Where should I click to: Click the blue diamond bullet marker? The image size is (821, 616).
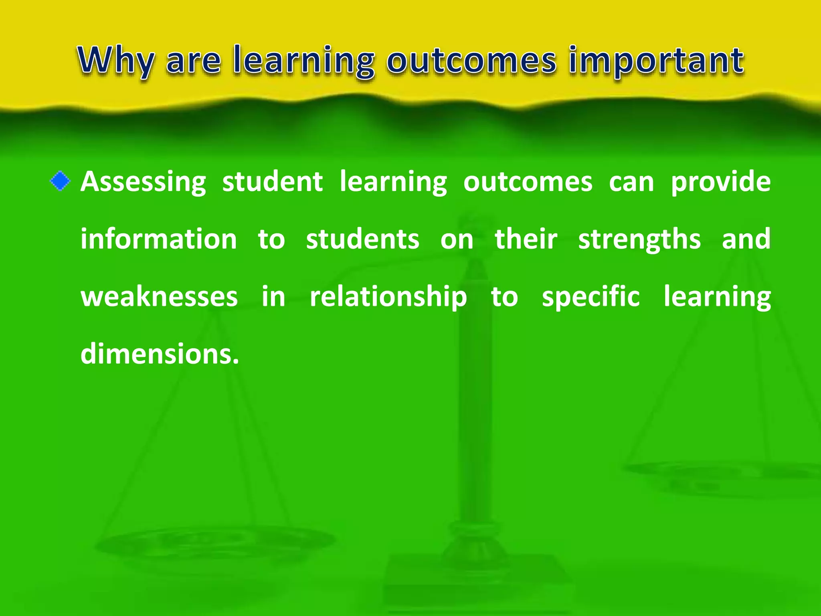tap(60, 181)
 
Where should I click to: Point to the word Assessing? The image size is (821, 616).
tap(143, 182)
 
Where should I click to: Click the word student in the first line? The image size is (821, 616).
tap(272, 182)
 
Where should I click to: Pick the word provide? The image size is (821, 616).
tap(720, 182)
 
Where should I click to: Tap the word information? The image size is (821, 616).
tap(159, 239)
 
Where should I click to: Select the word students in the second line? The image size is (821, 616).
tap(362, 239)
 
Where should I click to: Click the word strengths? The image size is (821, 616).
tap(639, 239)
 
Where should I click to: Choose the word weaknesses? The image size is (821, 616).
tap(159, 297)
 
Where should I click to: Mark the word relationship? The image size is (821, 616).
tap(388, 297)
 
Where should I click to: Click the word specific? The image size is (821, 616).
tap(590, 297)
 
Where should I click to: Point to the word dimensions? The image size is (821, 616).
tap(159, 354)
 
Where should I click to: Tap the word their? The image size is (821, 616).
tap(526, 239)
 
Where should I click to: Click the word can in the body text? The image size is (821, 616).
tap(631, 182)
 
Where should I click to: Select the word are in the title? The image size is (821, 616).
tap(193, 61)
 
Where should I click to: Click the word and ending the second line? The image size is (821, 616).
tap(746, 239)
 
